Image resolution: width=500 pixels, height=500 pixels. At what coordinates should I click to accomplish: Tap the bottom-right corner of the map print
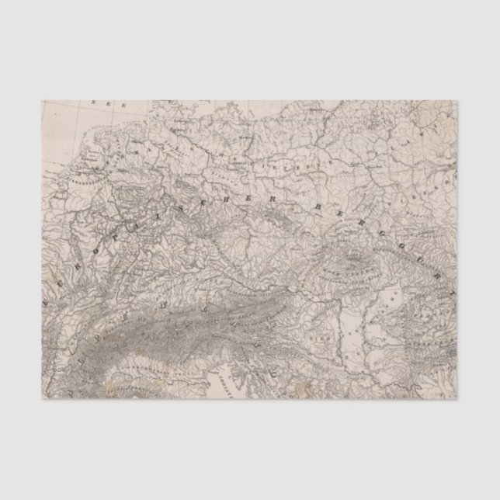click(x=457, y=399)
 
